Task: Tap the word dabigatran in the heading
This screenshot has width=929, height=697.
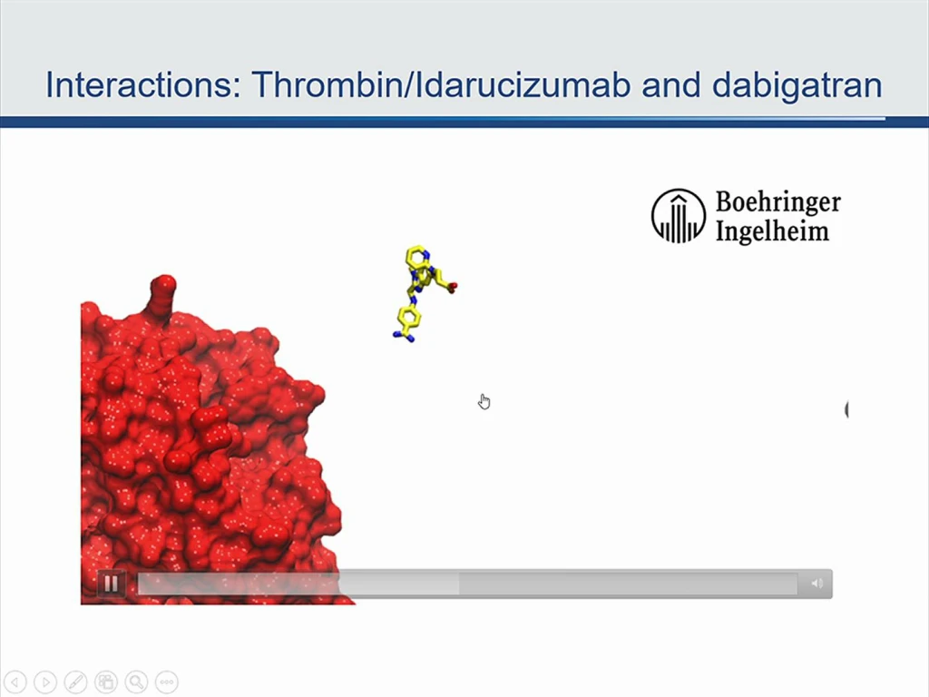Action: click(797, 85)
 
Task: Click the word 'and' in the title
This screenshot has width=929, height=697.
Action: click(671, 84)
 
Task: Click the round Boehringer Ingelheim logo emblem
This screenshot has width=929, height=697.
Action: click(679, 216)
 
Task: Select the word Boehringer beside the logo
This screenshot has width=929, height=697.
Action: click(777, 202)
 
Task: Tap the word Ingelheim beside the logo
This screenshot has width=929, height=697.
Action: click(772, 230)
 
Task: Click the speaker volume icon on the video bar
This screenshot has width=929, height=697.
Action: click(817, 584)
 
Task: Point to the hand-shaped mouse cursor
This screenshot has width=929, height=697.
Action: click(484, 401)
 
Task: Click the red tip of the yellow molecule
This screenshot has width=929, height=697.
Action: click(453, 288)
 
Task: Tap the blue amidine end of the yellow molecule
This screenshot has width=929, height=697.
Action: click(404, 337)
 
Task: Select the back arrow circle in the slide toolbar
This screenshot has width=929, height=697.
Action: click(15, 682)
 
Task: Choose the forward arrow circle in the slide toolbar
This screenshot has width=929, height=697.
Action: click(45, 682)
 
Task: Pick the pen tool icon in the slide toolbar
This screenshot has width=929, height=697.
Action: click(76, 682)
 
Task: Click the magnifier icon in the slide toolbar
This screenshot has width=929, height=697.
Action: click(136, 682)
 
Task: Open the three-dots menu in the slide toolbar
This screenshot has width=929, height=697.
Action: click(167, 682)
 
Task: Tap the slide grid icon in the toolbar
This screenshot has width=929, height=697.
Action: click(106, 682)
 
